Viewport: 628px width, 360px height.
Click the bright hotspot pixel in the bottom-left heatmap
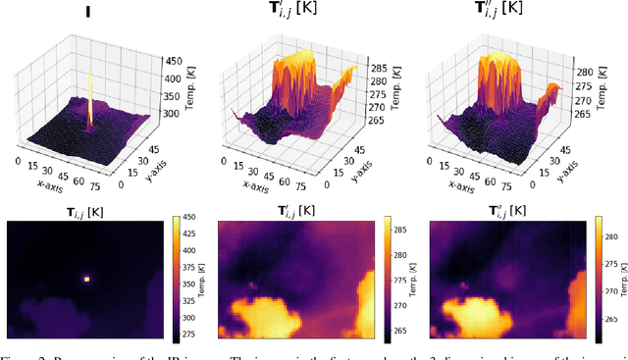86,279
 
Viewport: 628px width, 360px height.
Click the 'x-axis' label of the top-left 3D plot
36,182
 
